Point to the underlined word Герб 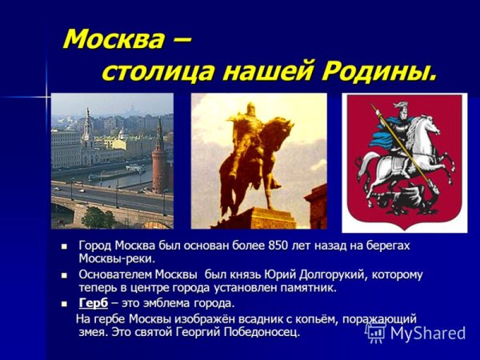pos(93,303)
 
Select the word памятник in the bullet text pos(308,287)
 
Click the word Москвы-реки pos(116,258)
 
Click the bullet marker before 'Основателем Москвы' pos(63,275)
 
